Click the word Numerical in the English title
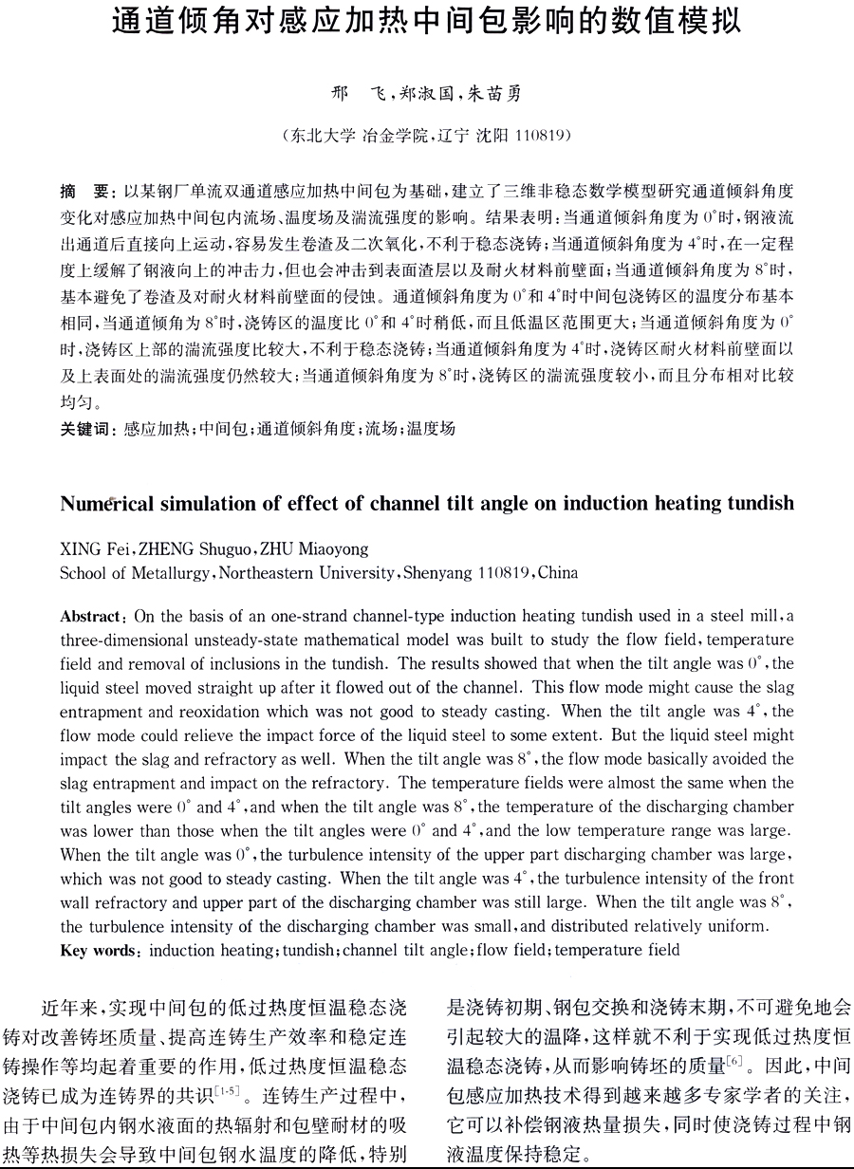[x=106, y=504]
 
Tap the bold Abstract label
[x=90, y=616]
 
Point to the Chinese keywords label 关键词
[x=88, y=429]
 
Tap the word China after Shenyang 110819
[x=557, y=572]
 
